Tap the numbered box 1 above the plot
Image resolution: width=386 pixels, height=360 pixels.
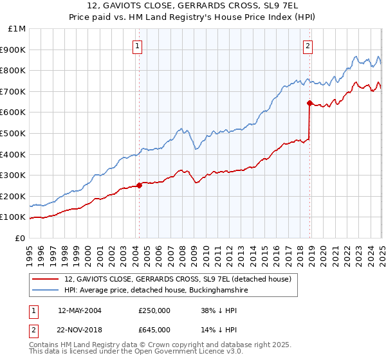click(x=138, y=46)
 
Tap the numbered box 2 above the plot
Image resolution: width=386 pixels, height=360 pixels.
click(x=308, y=46)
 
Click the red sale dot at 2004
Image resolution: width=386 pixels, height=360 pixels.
click(x=139, y=186)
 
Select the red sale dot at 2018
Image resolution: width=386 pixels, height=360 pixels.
click(x=309, y=103)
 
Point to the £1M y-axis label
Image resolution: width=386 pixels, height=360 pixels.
click(x=17, y=29)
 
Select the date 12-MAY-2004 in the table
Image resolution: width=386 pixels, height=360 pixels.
click(x=79, y=310)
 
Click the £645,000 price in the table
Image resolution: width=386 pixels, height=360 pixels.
click(x=154, y=329)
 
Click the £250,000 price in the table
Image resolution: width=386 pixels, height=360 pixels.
click(x=154, y=310)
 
